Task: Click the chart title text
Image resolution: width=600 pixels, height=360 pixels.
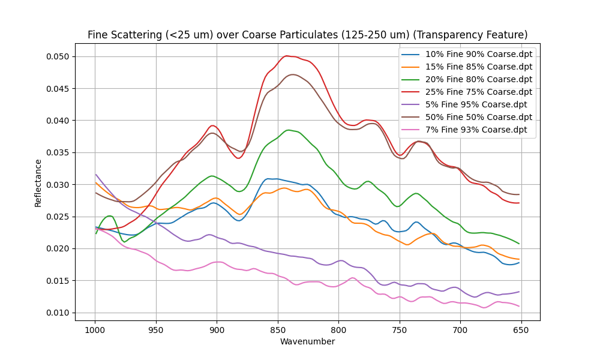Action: click(x=307, y=35)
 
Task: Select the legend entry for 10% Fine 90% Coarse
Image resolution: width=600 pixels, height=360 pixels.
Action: click(x=478, y=54)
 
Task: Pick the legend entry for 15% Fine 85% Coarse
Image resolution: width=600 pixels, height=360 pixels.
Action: click(x=478, y=67)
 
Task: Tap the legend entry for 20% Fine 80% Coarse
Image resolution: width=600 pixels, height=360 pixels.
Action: click(x=478, y=79)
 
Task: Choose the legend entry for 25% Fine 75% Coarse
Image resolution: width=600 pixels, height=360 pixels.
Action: click(x=478, y=92)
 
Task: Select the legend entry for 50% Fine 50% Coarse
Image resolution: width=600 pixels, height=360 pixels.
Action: click(x=478, y=117)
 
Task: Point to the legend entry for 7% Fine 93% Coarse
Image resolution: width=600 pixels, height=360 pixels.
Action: click(x=476, y=130)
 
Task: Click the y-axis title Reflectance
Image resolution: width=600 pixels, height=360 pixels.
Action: click(x=38, y=183)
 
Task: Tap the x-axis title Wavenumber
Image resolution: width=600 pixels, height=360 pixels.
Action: click(x=307, y=342)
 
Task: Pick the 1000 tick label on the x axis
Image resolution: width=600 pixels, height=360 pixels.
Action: click(x=95, y=330)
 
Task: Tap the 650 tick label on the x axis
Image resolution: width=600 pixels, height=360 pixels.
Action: click(x=521, y=330)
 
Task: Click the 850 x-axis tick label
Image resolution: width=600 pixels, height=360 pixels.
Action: click(x=278, y=330)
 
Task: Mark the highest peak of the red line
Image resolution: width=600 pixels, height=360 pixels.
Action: click(x=287, y=56)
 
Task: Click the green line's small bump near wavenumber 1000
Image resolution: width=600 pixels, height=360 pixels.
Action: click(x=109, y=216)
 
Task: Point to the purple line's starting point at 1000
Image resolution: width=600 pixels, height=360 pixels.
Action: click(x=95, y=175)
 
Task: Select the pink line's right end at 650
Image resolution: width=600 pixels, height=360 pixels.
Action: click(x=519, y=306)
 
